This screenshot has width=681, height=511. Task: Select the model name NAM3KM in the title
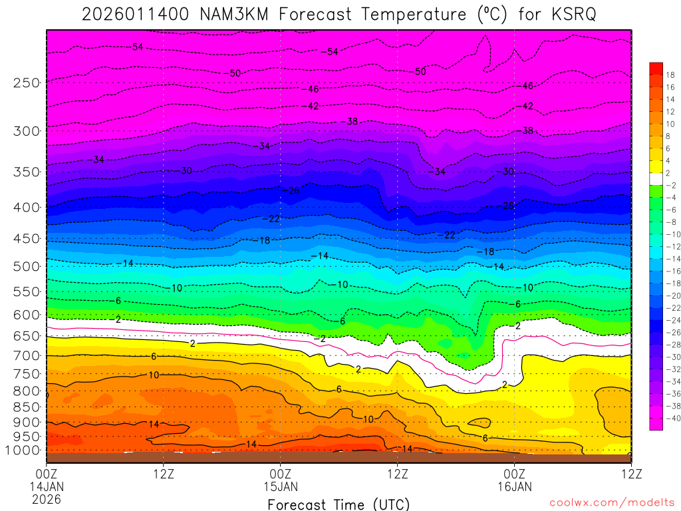pos(233,15)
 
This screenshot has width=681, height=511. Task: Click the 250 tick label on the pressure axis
pos(27,83)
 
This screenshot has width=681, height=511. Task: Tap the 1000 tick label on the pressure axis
pos(24,450)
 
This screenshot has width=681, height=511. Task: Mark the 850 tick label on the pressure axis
pos(27,407)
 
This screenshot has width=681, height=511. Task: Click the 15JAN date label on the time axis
pos(281,486)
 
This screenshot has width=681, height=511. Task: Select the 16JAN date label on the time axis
pos(515,486)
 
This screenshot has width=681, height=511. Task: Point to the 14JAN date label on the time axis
pos(47,486)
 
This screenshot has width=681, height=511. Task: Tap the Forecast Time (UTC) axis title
pos(339,504)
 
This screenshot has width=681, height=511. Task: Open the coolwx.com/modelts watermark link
pos(612,502)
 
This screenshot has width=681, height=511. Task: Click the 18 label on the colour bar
pos(670,75)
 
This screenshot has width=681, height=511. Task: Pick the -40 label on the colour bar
pos(670,418)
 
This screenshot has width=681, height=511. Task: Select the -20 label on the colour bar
pos(670,295)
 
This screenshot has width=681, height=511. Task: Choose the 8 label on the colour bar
pos(670,136)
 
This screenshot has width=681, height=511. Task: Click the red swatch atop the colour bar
pos(656,67)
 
